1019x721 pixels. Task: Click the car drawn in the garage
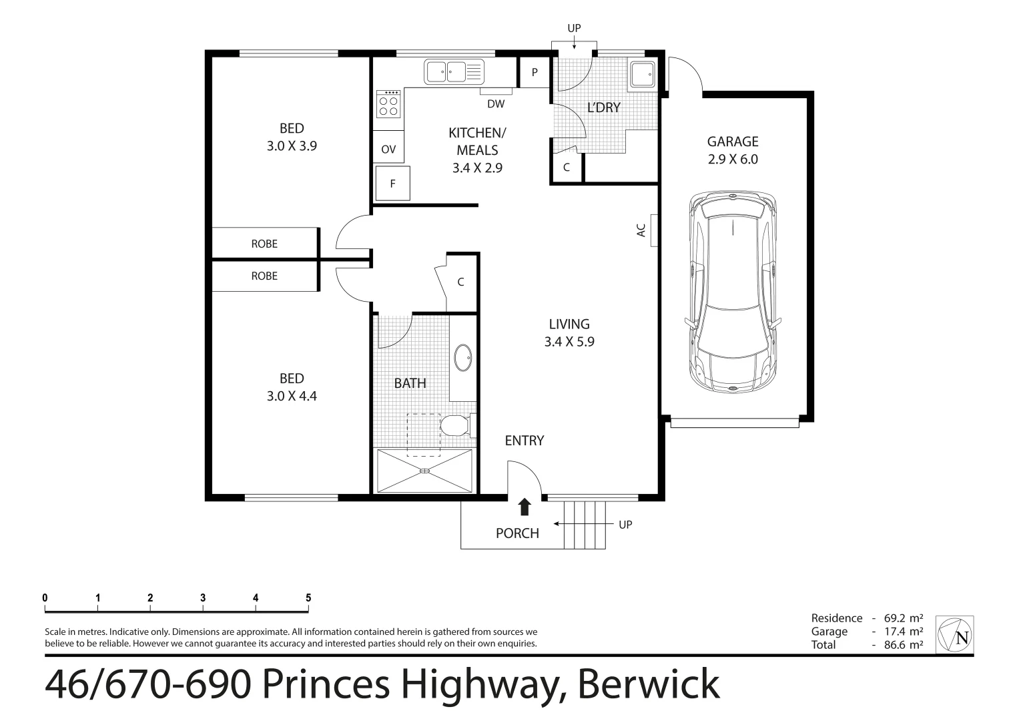[x=733, y=292]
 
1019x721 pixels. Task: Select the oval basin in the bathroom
[x=462, y=358]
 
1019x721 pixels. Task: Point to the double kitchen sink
[x=454, y=71]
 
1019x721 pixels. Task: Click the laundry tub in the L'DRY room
[x=643, y=74]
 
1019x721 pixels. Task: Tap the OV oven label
[x=388, y=150]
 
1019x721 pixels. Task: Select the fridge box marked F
[x=392, y=184]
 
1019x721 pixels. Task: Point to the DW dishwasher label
[x=495, y=104]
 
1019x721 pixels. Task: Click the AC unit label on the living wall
[x=641, y=230]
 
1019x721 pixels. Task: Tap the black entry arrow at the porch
[x=525, y=507]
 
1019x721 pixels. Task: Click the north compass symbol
[x=955, y=635]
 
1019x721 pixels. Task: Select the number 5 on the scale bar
[x=308, y=598]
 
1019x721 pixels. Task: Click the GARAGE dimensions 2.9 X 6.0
[x=733, y=160]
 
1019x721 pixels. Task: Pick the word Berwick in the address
[x=648, y=684]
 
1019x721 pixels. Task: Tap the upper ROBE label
[x=264, y=244]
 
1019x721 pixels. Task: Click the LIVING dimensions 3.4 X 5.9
[x=569, y=342]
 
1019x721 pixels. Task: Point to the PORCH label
[x=517, y=533]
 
